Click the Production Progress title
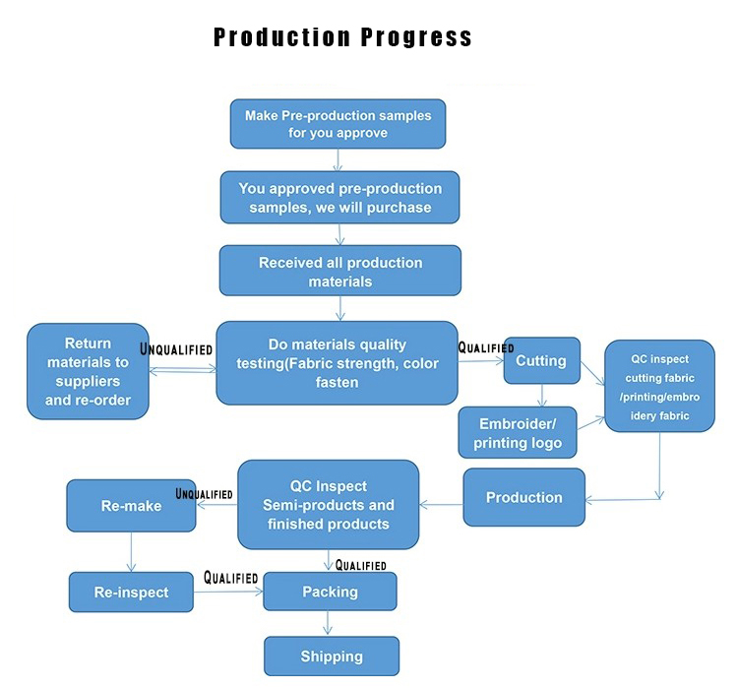coord(342,36)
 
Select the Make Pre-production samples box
coord(338,124)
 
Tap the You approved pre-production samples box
coord(339,197)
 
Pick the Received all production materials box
coord(340,271)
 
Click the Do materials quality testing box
coord(337,363)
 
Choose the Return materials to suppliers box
coord(88,371)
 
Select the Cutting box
coord(542,360)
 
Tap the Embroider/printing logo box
coord(518,433)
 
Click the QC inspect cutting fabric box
coord(660,386)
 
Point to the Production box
coord(524,497)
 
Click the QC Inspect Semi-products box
coord(329,505)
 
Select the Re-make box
coord(131,506)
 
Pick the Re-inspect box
coord(131,592)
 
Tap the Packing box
coord(330,592)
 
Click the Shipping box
coord(332,656)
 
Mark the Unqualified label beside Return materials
coord(176,349)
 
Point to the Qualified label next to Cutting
coord(486,347)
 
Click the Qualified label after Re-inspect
coord(230,578)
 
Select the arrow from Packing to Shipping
coord(328,623)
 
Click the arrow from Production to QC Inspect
coord(441,505)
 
